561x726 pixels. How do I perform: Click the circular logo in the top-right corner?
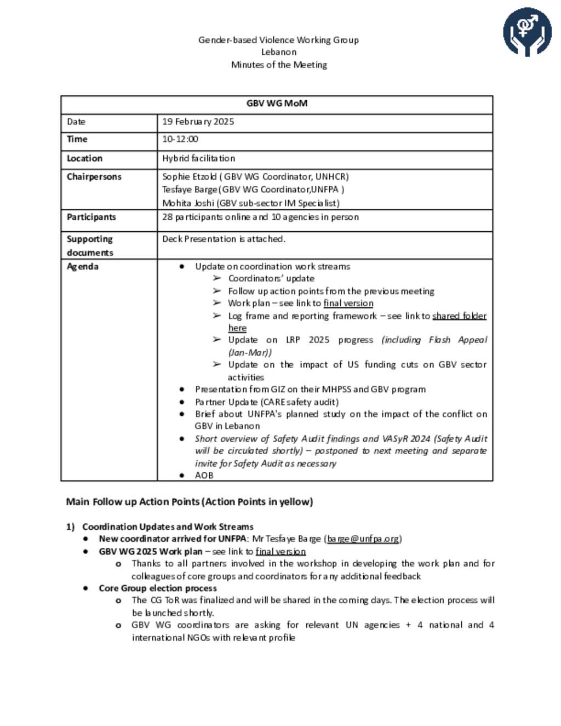click(527, 32)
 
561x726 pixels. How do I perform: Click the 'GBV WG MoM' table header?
click(277, 104)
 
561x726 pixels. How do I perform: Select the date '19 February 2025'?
click(198, 122)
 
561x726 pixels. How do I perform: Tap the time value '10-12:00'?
click(180, 139)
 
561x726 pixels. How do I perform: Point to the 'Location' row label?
click(84, 158)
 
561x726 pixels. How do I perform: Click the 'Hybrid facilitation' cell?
click(198, 158)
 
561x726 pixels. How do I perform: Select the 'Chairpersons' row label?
click(94, 176)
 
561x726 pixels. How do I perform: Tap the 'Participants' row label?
click(91, 217)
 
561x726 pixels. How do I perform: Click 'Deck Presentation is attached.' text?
click(224, 239)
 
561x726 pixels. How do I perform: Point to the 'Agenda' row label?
click(82, 266)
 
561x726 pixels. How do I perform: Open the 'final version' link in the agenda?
click(348, 303)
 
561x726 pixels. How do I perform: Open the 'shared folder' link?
click(459, 316)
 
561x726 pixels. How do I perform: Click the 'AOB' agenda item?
click(204, 475)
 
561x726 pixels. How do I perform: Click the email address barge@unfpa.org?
click(363, 539)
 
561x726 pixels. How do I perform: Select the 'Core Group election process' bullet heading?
click(157, 588)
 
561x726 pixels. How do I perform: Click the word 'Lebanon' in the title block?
click(278, 52)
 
